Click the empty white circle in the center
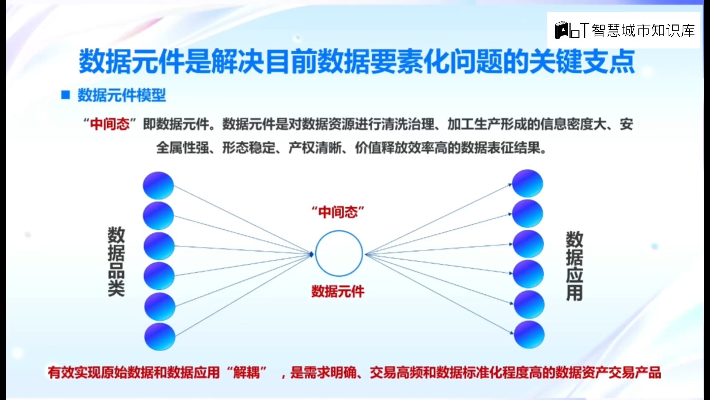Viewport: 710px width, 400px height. (339, 254)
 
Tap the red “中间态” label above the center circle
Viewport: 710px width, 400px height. (338, 212)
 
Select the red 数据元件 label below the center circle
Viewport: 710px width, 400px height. (338, 291)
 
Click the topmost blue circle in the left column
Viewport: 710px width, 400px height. (158, 185)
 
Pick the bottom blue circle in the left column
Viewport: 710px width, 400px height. (160, 336)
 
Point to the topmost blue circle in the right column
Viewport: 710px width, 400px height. (527, 183)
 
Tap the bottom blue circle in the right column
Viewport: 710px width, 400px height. (529, 334)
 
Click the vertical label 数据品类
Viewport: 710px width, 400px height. (116, 261)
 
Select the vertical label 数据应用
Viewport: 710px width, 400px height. (574, 266)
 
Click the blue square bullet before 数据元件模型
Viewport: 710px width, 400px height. (66, 95)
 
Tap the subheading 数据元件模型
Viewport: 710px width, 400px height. (122, 95)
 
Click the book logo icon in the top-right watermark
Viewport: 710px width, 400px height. (562, 30)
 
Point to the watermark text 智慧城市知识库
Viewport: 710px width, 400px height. (643, 31)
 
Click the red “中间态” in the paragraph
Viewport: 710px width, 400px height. (110, 124)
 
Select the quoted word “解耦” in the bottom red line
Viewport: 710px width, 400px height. (247, 372)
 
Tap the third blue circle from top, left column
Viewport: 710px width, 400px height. (159, 246)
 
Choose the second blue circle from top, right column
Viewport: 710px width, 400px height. (528, 214)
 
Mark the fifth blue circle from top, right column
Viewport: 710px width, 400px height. (529, 304)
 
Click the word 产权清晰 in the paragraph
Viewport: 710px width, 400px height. (315, 148)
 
